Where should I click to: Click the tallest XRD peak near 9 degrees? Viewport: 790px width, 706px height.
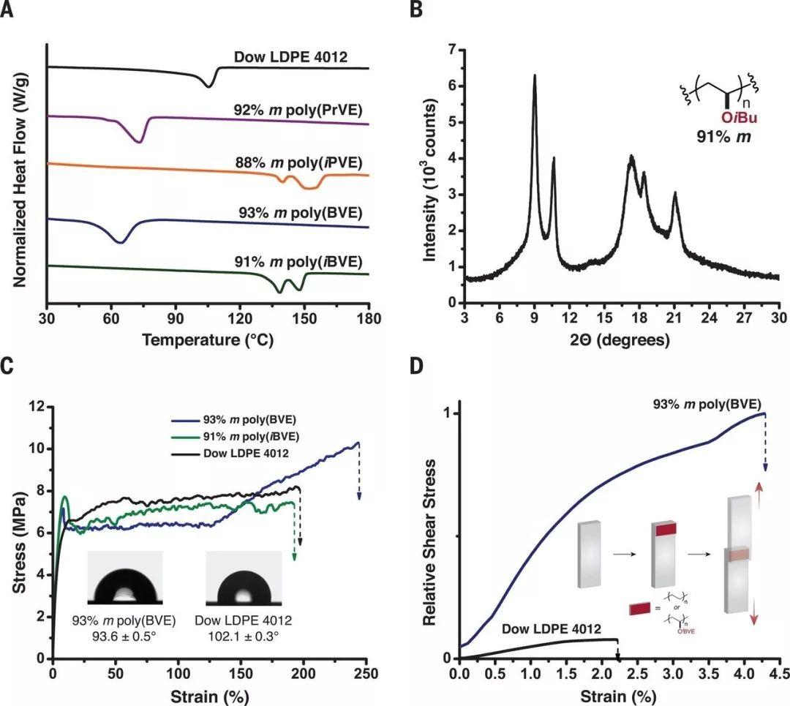(x=535, y=76)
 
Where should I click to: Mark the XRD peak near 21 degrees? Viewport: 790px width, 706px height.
(x=675, y=194)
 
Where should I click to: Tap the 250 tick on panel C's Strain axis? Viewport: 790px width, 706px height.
(x=358, y=672)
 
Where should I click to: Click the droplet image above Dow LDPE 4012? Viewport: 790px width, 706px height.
(x=243, y=578)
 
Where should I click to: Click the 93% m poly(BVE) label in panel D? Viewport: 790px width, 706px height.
(x=710, y=402)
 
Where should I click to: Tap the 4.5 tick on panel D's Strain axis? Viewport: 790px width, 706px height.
(x=778, y=672)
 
